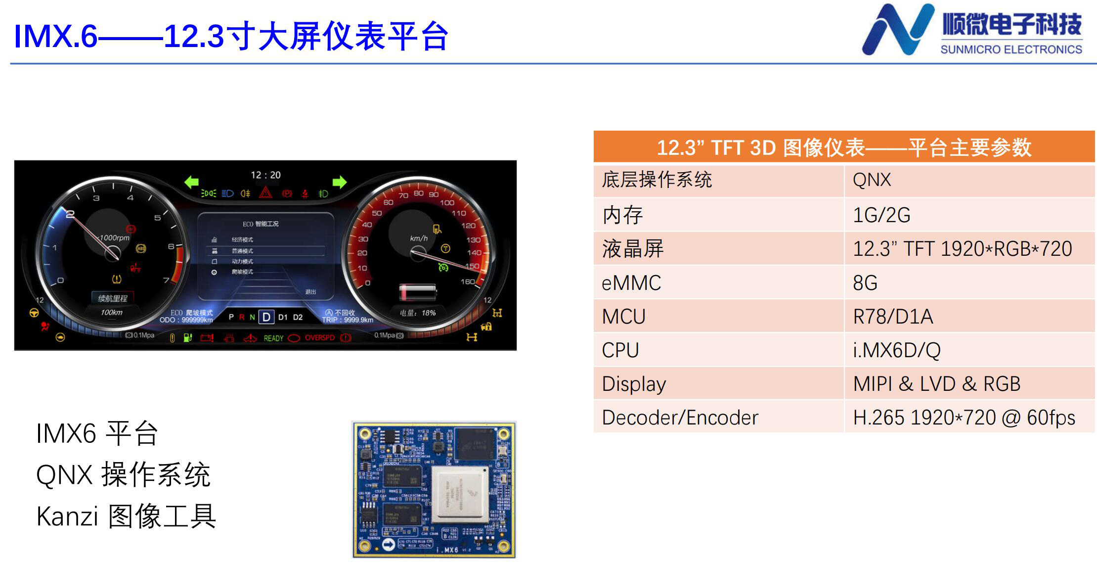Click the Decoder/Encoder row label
pyautogui.click(x=680, y=418)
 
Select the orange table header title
pyautogui.click(x=843, y=147)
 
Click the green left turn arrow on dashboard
pyautogui.click(x=191, y=182)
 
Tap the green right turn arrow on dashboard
pyautogui.click(x=340, y=182)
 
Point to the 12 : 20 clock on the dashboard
pyautogui.click(x=265, y=175)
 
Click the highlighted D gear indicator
pyautogui.click(x=266, y=317)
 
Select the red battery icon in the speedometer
pyautogui.click(x=418, y=292)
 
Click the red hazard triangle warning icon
pyautogui.click(x=266, y=193)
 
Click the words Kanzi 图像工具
pyautogui.click(x=126, y=516)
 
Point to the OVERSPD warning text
pyautogui.click(x=319, y=338)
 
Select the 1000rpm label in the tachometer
pyautogui.click(x=114, y=238)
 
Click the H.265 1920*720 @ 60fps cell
pyautogui.click(x=964, y=418)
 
